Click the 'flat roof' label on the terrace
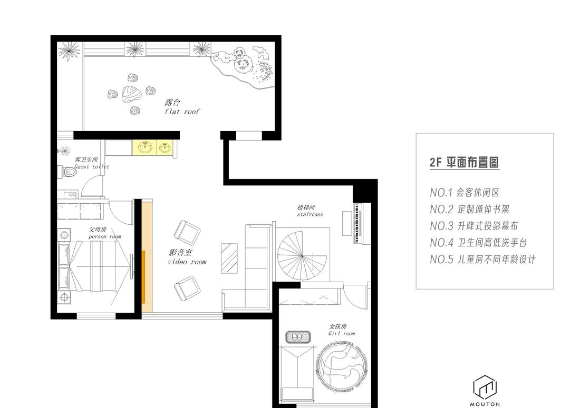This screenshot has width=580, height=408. pyautogui.click(x=182, y=112)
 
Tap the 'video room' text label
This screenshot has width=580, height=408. pyautogui.click(x=187, y=262)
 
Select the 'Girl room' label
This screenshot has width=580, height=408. pyautogui.click(x=341, y=333)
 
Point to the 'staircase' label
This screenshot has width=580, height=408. pyautogui.click(x=310, y=215)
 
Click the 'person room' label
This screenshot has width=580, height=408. pyautogui.click(x=104, y=236)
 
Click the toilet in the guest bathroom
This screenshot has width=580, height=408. pyautogui.click(x=68, y=172)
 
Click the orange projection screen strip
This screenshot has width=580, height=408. pyautogui.click(x=143, y=276)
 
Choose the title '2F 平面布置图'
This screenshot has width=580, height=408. pyautogui.click(x=464, y=162)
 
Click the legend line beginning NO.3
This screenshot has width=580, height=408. pyautogui.click(x=474, y=226)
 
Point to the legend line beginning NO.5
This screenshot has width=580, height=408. pyautogui.click(x=482, y=259)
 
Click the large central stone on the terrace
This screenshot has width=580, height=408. pyautogui.click(x=130, y=94)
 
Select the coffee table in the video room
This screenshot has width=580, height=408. pyautogui.click(x=229, y=258)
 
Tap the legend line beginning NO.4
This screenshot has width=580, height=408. pyautogui.click(x=478, y=243)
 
